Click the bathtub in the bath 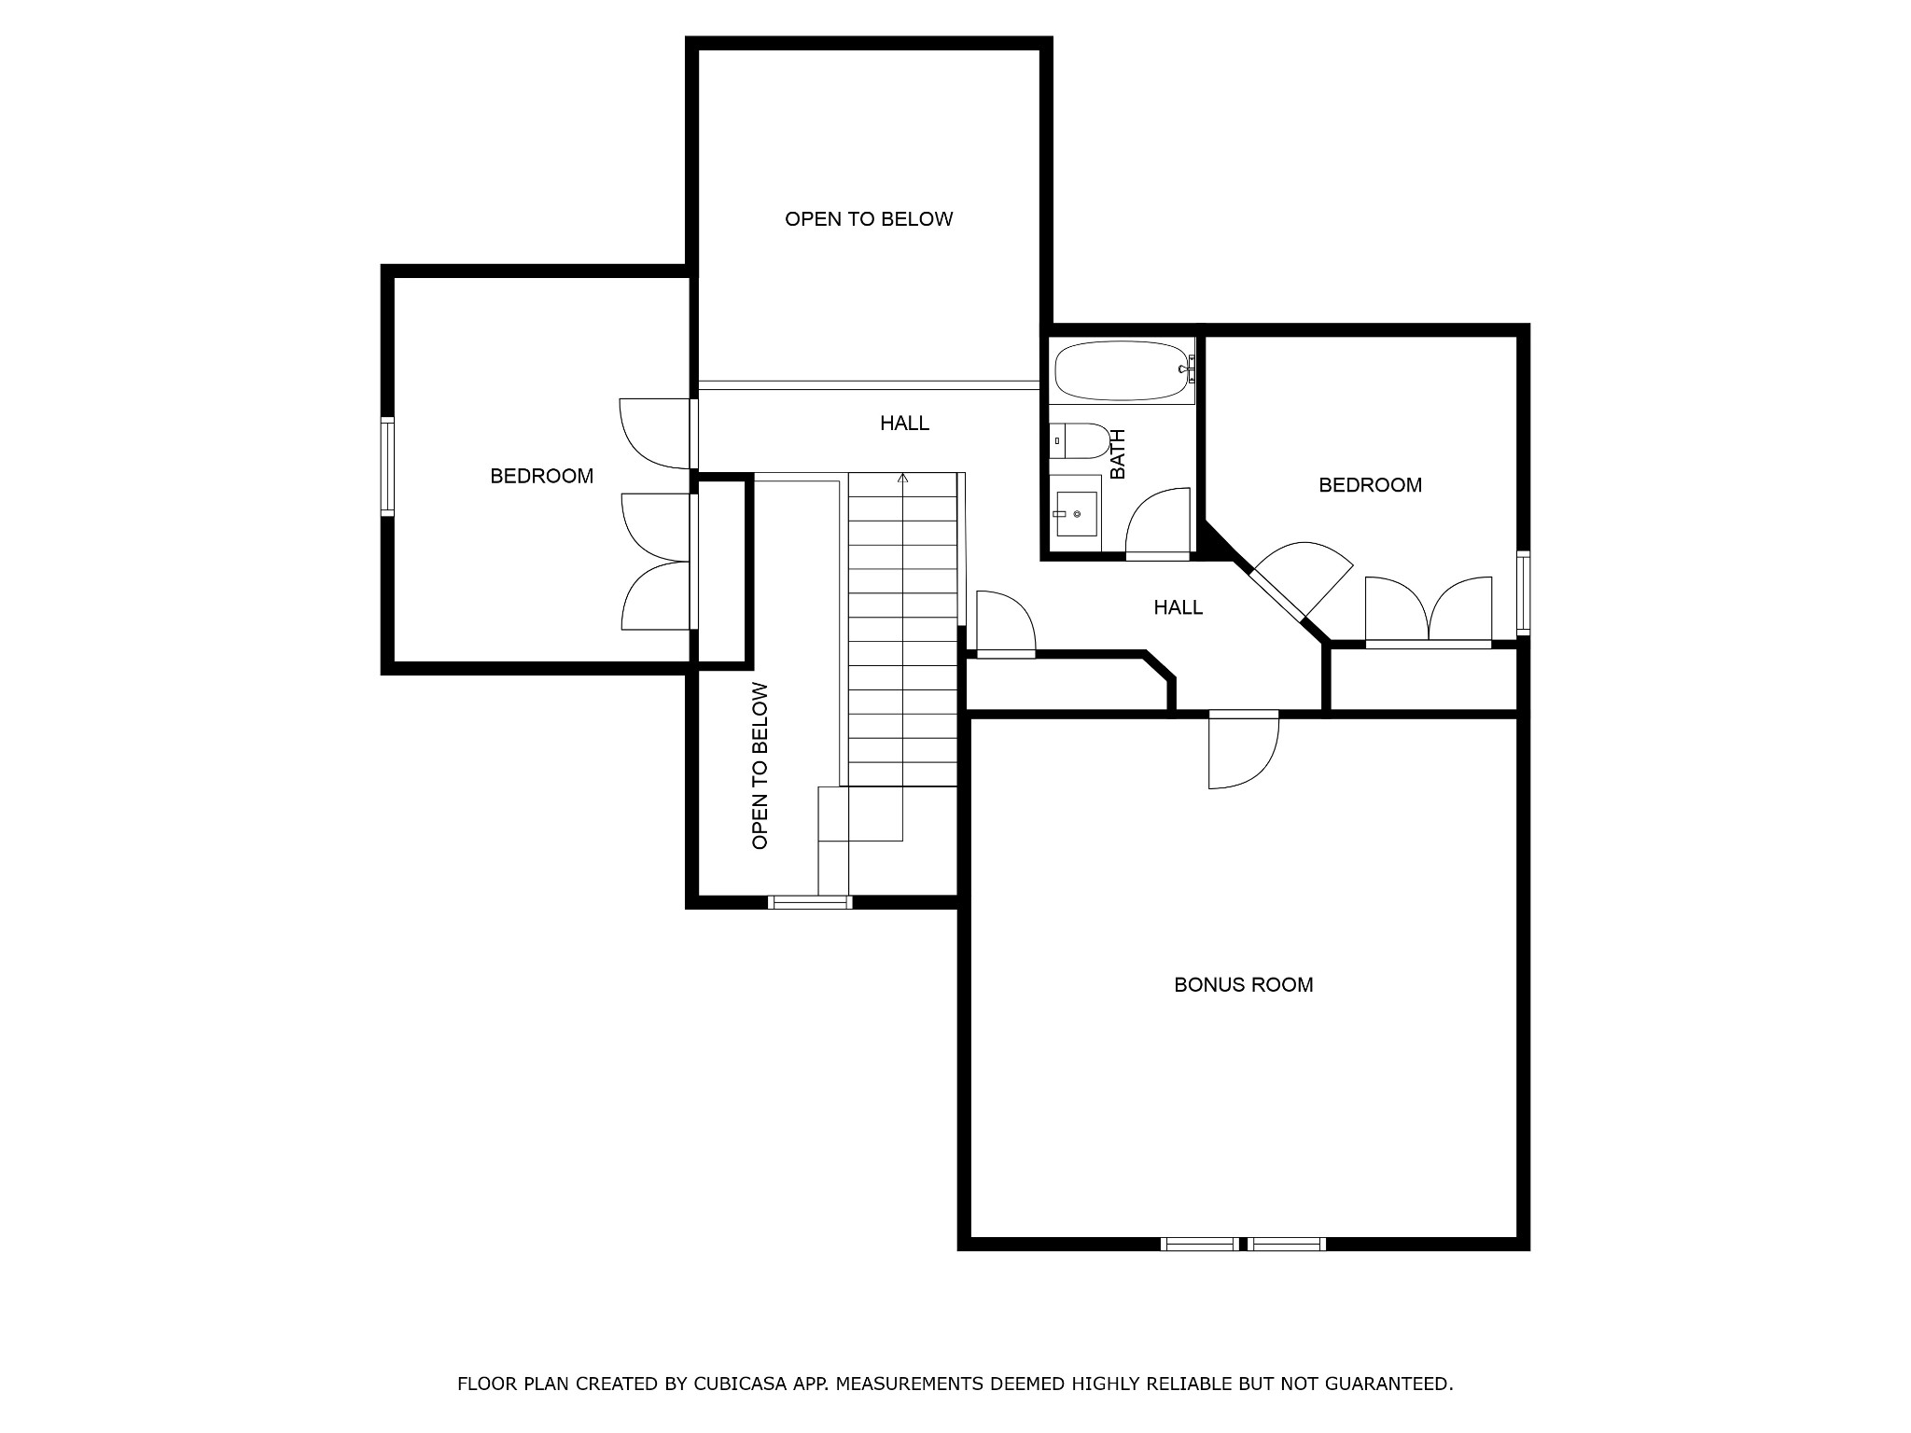pyautogui.click(x=1123, y=370)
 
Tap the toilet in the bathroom pyautogui.click(x=1080, y=441)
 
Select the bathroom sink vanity pyautogui.click(x=1076, y=512)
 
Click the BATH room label pyautogui.click(x=1118, y=453)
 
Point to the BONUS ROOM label pyautogui.click(x=1243, y=984)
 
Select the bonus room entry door pyautogui.click(x=1243, y=749)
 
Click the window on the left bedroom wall pyautogui.click(x=387, y=466)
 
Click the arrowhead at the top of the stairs pyautogui.click(x=902, y=478)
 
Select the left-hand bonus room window pyautogui.click(x=1201, y=1244)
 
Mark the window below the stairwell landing pyautogui.click(x=810, y=902)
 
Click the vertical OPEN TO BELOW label pyautogui.click(x=760, y=766)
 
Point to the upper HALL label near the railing pyautogui.click(x=904, y=424)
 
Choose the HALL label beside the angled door pyautogui.click(x=1178, y=607)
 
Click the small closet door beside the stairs pyautogui.click(x=1005, y=622)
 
